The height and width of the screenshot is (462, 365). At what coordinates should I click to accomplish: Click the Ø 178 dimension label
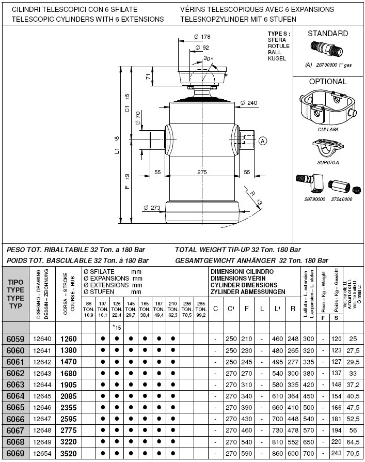point(202,37)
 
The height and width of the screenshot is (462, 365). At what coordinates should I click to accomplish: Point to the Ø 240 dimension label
point(248,103)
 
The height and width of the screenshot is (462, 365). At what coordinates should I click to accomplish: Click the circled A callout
point(263,140)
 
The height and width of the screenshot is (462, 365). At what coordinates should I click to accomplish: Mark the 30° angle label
point(209,59)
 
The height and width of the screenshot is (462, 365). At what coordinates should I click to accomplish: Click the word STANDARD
point(328,34)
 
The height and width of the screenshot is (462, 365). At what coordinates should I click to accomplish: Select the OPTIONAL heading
point(328,82)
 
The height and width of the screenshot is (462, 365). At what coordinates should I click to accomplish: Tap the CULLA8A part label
point(328,130)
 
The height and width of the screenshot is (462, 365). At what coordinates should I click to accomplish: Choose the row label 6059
point(15,340)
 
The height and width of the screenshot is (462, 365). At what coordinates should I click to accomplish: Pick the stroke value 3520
point(69,453)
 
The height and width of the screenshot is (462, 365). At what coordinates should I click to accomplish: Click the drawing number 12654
point(42,453)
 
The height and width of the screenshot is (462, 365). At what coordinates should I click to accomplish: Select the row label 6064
point(15,396)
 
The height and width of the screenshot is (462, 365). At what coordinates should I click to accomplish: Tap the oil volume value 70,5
point(354,453)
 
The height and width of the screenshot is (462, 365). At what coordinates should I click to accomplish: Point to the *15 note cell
point(117,327)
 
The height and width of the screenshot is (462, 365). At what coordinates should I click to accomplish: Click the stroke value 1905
point(69,385)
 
